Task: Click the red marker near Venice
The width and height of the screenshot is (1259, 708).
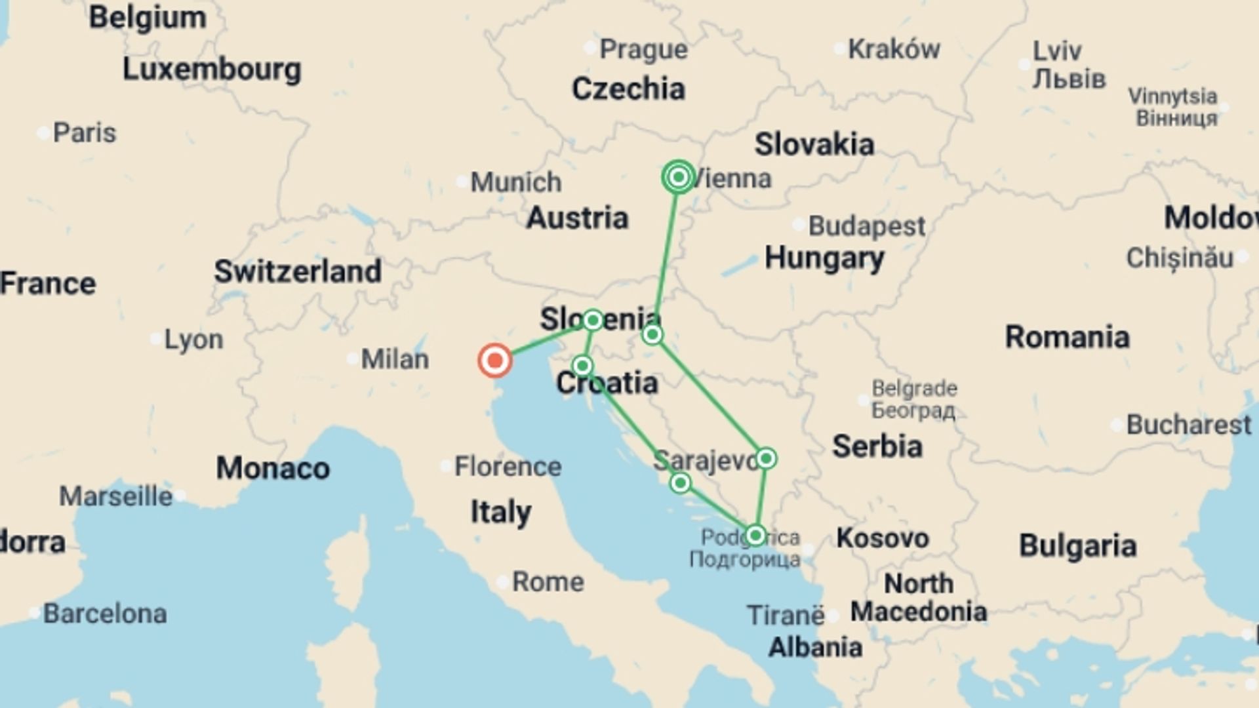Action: click(495, 361)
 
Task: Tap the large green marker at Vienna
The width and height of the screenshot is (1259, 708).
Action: click(679, 177)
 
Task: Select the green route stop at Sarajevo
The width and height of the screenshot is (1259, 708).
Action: click(766, 458)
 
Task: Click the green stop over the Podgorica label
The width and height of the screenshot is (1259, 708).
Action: click(755, 536)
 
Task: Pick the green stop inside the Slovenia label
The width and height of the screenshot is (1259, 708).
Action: click(593, 320)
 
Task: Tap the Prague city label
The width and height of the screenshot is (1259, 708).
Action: click(643, 49)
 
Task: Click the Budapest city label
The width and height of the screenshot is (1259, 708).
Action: click(866, 226)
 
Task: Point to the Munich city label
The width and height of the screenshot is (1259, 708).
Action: click(515, 182)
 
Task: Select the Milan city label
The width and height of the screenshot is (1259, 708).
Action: click(395, 359)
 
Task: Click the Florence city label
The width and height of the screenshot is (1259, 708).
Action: click(508, 467)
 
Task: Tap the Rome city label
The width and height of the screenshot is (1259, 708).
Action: click(548, 581)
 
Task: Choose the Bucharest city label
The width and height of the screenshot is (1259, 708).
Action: click(1188, 425)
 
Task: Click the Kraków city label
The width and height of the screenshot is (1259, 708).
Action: click(894, 49)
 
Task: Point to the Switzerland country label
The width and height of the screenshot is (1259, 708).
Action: click(298, 271)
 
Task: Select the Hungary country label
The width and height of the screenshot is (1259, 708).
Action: click(824, 258)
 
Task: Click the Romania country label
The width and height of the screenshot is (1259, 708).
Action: click(1067, 337)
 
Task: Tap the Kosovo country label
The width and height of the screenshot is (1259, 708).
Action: click(882, 538)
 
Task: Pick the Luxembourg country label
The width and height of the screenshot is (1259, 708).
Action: click(212, 69)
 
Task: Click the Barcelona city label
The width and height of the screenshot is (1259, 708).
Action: click(105, 614)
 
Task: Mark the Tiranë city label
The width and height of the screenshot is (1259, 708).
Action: click(786, 616)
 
